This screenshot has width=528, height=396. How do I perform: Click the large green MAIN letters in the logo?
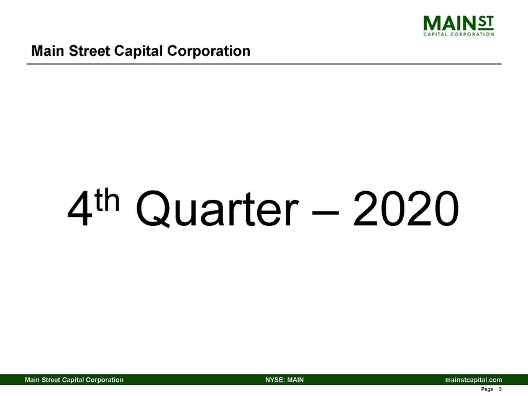[448, 23]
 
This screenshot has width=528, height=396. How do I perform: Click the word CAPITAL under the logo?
[437, 35]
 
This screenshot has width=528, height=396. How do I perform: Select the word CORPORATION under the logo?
[475, 35]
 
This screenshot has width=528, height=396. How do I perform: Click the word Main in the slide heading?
[46, 51]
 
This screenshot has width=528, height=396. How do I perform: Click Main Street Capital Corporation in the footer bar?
[73, 379]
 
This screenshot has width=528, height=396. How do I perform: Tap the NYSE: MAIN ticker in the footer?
[284, 379]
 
